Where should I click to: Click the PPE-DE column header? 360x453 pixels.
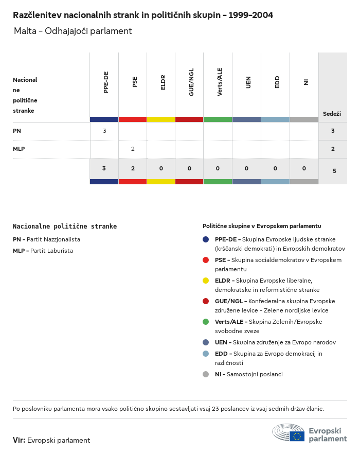click(106, 82)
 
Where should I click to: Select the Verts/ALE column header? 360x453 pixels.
click(220, 82)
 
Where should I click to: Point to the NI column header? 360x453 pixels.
click(305, 82)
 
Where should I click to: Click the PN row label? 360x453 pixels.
click(17, 131)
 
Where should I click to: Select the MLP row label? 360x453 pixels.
click(19, 149)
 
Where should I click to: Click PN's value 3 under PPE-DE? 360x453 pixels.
click(104, 131)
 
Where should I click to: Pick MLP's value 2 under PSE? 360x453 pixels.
click(133, 149)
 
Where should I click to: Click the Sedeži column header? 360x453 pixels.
click(332, 113)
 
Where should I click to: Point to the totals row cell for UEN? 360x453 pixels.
click(246, 168)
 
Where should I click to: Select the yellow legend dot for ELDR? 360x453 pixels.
click(206, 281)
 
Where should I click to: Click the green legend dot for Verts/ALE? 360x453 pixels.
click(206, 322)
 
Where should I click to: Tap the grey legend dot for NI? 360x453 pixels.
click(206, 374)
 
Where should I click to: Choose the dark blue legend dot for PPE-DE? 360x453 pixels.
click(206, 239)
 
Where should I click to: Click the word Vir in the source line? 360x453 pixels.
click(19, 440)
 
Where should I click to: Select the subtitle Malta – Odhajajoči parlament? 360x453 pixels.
click(73, 31)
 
